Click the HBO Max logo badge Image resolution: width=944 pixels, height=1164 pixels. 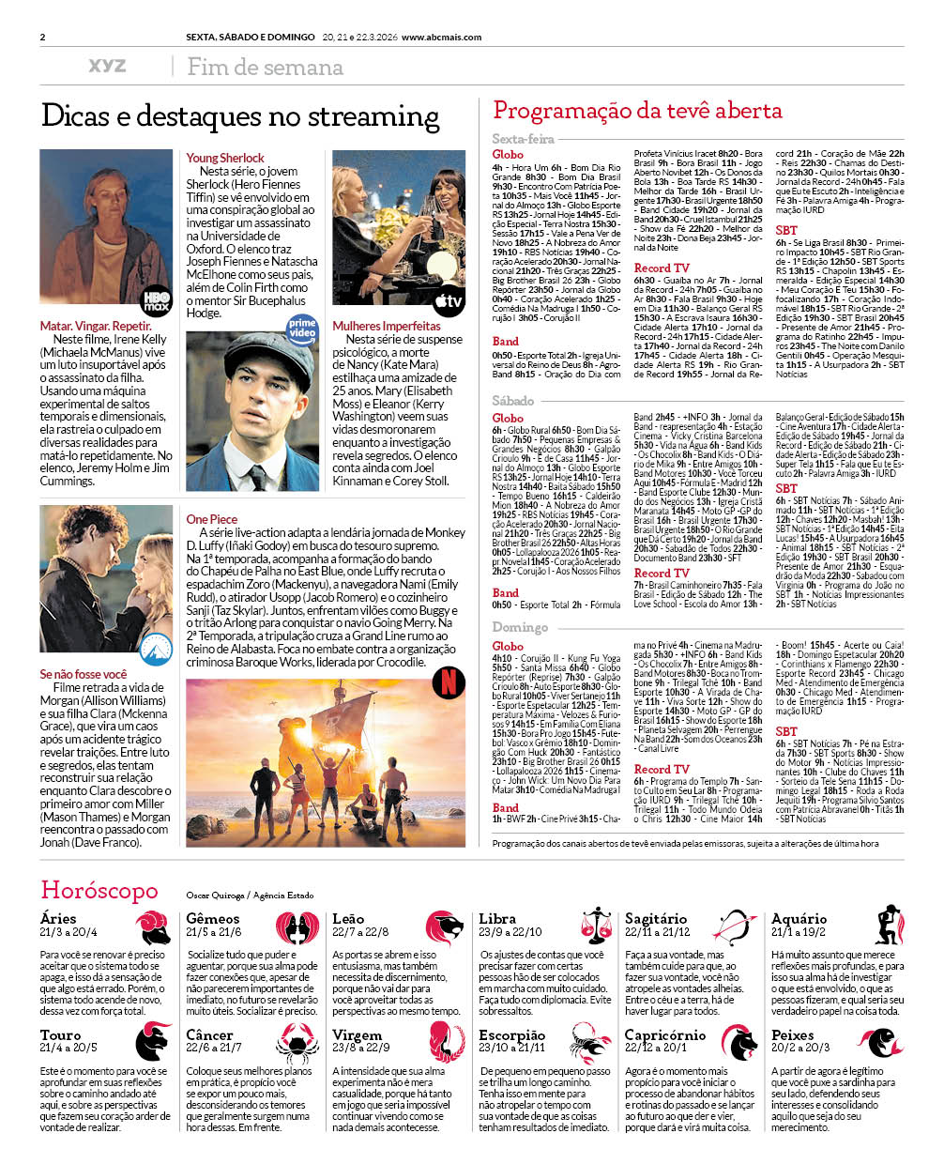(156, 301)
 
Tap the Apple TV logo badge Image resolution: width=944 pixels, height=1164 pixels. (449, 301)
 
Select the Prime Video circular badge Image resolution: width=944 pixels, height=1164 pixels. (302, 329)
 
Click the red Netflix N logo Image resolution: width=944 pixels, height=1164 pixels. (449, 682)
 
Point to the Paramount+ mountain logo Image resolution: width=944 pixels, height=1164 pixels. (156, 648)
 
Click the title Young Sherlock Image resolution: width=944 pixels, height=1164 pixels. (225, 158)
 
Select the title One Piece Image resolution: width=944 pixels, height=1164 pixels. (211, 519)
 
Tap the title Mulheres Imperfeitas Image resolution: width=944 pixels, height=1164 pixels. (386, 326)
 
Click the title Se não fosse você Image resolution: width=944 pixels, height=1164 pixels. (83, 674)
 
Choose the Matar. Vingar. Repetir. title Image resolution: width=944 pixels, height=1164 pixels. (96, 326)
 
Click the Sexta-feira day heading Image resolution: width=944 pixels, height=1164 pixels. (523, 139)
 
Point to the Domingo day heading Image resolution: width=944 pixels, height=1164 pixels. (520, 627)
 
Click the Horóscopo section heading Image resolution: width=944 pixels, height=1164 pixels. (99, 890)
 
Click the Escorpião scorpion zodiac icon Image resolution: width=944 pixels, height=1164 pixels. (591, 1042)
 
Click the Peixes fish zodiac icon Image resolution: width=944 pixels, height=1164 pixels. (885, 1041)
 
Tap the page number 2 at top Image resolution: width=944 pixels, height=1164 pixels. (43, 38)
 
